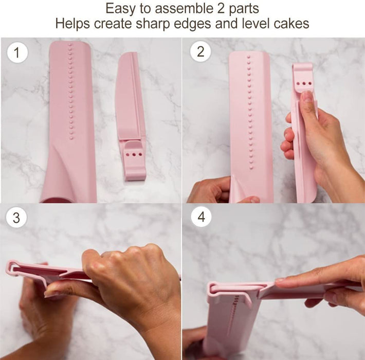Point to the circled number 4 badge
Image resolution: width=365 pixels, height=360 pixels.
click(200, 217)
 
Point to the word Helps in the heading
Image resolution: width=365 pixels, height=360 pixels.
click(72, 24)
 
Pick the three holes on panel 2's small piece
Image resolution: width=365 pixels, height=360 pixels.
click(305, 82)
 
